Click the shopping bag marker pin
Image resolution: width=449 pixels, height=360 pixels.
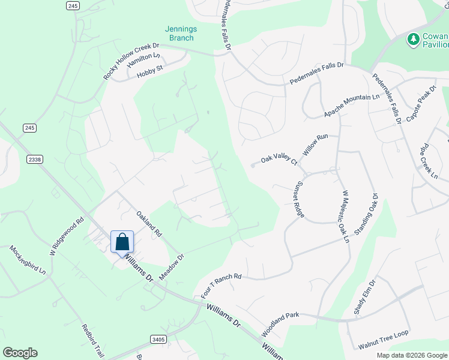tap(122, 243)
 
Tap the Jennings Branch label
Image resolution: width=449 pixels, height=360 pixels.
tap(181, 34)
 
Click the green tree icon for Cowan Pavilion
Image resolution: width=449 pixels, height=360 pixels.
tap(413, 40)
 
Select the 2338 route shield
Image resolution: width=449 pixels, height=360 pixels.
tap(35, 159)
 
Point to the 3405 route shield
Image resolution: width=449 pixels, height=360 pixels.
tap(158, 339)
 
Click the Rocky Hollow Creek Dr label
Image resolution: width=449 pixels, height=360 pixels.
tap(131, 61)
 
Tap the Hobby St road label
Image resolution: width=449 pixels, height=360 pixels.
tap(150, 71)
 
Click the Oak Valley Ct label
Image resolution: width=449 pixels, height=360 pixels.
tap(279, 160)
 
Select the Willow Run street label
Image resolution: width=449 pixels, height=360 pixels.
tap(316, 145)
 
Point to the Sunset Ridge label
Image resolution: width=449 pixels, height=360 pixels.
tap(299, 197)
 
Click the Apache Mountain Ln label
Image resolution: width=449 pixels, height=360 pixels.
tap(352, 106)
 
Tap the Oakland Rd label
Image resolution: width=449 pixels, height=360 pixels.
tap(149, 223)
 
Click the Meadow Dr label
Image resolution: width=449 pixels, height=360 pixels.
tap(171, 266)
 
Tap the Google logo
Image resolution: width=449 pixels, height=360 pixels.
tap(20, 353)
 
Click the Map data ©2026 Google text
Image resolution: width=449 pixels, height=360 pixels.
tap(411, 355)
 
